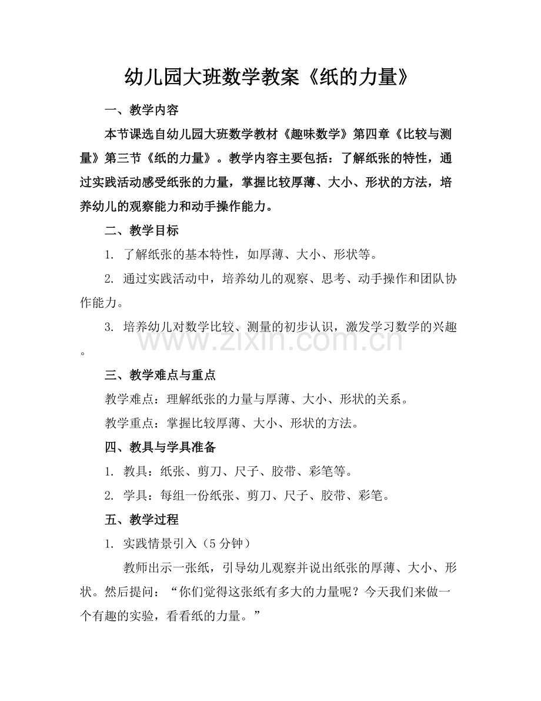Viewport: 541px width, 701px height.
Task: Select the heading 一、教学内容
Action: pos(141,110)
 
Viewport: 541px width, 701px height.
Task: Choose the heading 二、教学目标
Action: pos(141,231)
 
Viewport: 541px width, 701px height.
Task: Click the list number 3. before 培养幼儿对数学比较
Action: pos(109,327)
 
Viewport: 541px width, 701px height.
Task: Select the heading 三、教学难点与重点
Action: pos(160,376)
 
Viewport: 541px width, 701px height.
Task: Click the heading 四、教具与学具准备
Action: pos(160,448)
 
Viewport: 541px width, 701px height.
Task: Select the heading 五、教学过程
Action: pos(141,520)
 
